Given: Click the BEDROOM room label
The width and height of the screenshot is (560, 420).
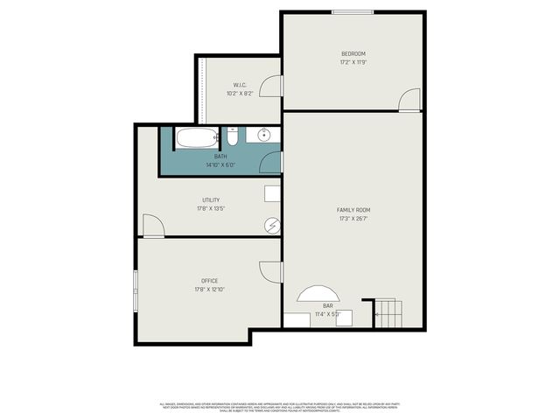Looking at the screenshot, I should click(x=353, y=53).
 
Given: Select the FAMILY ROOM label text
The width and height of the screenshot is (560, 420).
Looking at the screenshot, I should click(x=353, y=210).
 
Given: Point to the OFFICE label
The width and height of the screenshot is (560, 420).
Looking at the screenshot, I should click(x=210, y=281).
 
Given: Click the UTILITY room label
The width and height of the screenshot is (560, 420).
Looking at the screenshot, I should click(x=210, y=199).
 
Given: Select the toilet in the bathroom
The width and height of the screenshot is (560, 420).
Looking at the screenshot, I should click(x=232, y=136).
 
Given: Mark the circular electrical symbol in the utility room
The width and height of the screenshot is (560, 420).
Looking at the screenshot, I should click(x=272, y=226).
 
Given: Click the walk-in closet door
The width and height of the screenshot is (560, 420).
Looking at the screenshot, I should click(x=272, y=86).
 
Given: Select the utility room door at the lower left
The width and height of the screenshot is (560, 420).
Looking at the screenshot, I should click(x=153, y=226).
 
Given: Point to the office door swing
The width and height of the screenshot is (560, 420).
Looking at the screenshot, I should click(x=271, y=272).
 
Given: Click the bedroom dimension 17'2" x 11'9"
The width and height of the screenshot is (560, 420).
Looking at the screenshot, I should click(x=353, y=63).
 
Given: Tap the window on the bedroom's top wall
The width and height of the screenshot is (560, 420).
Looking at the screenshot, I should click(x=351, y=12).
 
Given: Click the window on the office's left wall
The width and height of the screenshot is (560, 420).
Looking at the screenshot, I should click(x=135, y=290).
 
